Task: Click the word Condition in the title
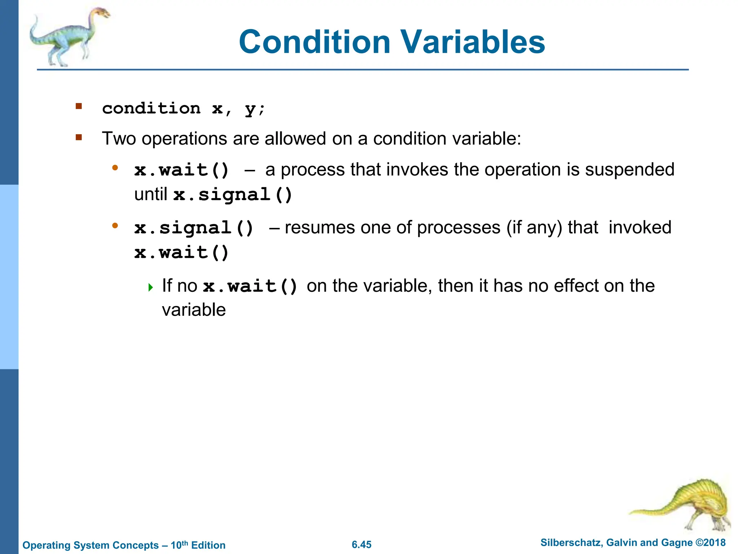(314, 42)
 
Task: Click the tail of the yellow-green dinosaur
(649, 510)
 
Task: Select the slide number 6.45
(361, 545)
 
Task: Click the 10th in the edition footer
(179, 545)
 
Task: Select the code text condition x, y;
(183, 108)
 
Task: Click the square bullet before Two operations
(79, 137)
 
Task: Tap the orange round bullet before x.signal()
(115, 226)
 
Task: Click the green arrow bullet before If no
(151, 287)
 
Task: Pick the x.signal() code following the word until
(232, 195)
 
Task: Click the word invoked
(640, 228)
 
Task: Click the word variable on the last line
(194, 310)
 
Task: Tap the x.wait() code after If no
(250, 286)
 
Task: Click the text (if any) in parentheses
(534, 228)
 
